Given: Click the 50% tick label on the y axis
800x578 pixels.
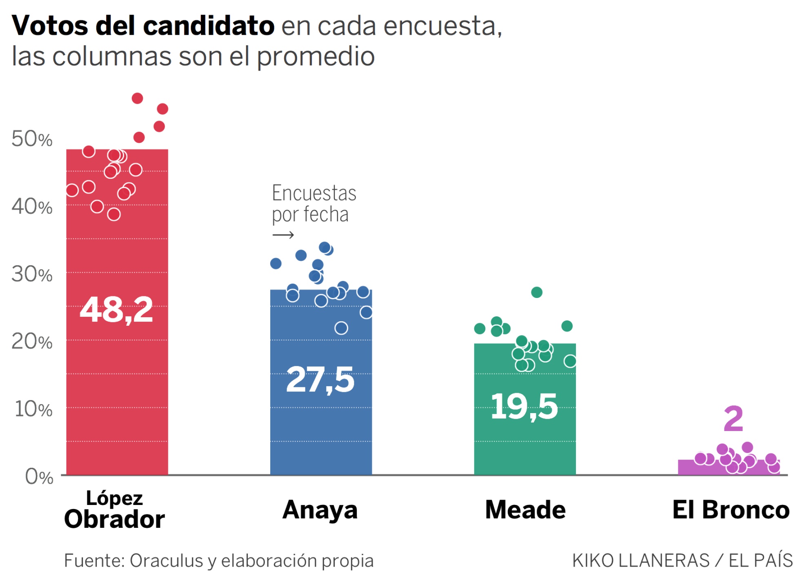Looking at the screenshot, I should point(32,139).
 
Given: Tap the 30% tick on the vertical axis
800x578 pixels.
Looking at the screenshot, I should point(32,274).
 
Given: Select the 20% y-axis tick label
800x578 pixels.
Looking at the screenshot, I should point(32,342).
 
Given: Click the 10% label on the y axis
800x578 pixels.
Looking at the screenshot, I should point(33,409).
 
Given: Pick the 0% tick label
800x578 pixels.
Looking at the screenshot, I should point(39,476).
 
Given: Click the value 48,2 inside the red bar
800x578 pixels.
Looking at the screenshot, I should point(116,310).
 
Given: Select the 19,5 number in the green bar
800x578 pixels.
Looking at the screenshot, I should point(524,407).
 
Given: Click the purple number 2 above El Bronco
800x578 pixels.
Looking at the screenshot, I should point(733,419).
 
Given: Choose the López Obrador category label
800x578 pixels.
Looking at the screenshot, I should point(115,510).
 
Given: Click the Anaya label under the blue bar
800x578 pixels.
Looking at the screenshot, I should point(320,510).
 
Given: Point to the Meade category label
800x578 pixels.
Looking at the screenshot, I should point(525,510).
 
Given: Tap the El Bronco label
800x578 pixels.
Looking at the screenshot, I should point(731,510).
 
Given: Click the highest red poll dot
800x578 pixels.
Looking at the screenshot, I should point(137,98).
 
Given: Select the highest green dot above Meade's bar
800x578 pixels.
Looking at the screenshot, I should point(537,292).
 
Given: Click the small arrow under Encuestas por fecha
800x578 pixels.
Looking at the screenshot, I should point(283,235).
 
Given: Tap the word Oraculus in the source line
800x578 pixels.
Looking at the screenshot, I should point(166,561).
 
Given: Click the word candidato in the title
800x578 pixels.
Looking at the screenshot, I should point(209,26).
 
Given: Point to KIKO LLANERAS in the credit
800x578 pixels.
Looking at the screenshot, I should point(641,561).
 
